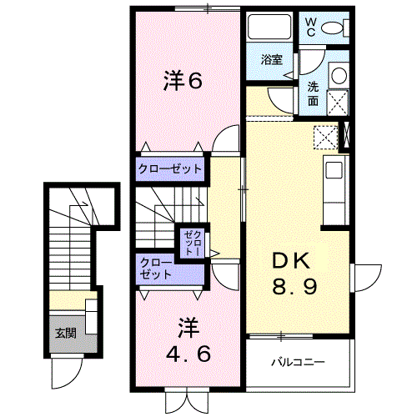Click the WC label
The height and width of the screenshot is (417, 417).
311,27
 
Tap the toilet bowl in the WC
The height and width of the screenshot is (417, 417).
332,28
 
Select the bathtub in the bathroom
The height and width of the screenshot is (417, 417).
269,28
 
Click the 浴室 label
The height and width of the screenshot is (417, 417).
272,59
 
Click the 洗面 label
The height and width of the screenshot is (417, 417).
313,94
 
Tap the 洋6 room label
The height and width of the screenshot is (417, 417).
183,80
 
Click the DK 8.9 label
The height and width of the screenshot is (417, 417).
294,273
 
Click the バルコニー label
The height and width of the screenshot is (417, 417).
298,362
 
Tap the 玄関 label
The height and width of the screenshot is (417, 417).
66,333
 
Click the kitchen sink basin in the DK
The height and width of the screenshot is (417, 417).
334,170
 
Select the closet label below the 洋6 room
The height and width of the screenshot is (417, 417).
170,168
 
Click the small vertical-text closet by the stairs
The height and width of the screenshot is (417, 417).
193,244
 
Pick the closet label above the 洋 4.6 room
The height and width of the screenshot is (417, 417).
156,269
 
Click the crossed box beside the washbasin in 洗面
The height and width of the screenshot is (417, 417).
338,103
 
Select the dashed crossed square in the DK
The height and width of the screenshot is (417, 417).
325,138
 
